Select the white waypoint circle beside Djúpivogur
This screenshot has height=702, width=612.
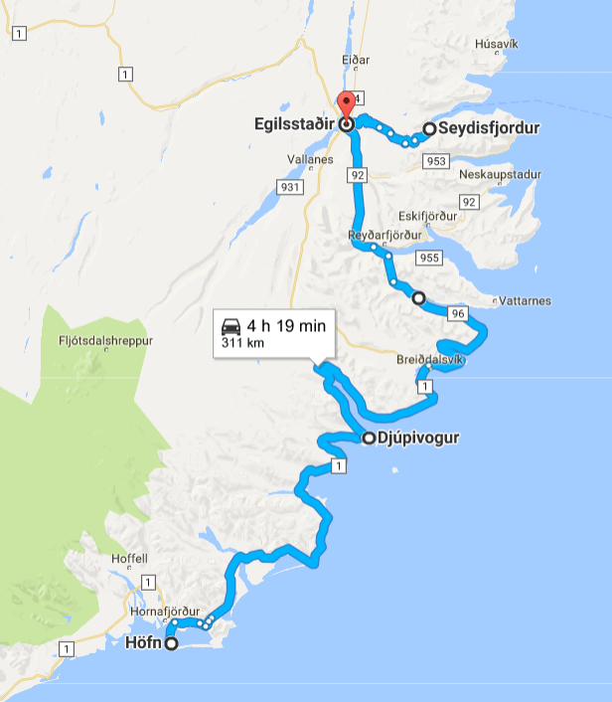[369, 438]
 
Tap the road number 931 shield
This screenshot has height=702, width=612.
[290, 187]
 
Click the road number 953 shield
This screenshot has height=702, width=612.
[433, 160]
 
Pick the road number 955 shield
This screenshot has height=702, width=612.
[429, 259]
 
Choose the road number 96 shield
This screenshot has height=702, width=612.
[457, 313]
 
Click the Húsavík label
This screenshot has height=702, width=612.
[497, 44]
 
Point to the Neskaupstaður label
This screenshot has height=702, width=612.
[501, 174]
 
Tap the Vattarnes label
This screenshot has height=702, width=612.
[527, 301]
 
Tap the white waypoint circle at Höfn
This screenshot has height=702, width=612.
[171, 643]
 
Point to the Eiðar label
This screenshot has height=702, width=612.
[356, 60]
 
